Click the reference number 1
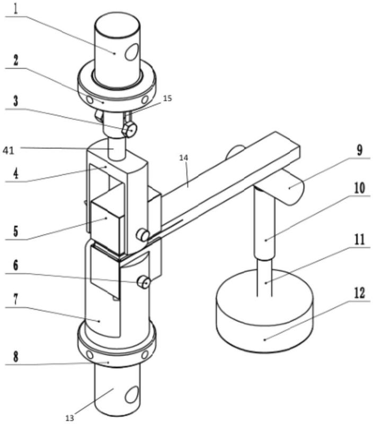(16, 9)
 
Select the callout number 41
(8, 151)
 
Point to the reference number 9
(359, 150)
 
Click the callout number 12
(359, 293)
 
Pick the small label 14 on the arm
(184, 157)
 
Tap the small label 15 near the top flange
(167, 98)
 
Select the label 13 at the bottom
(70, 418)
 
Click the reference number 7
(16, 299)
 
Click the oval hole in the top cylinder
(132, 51)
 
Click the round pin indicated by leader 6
(144, 282)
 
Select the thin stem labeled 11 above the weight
(265, 277)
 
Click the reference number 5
(16, 231)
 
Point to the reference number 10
(359, 188)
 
